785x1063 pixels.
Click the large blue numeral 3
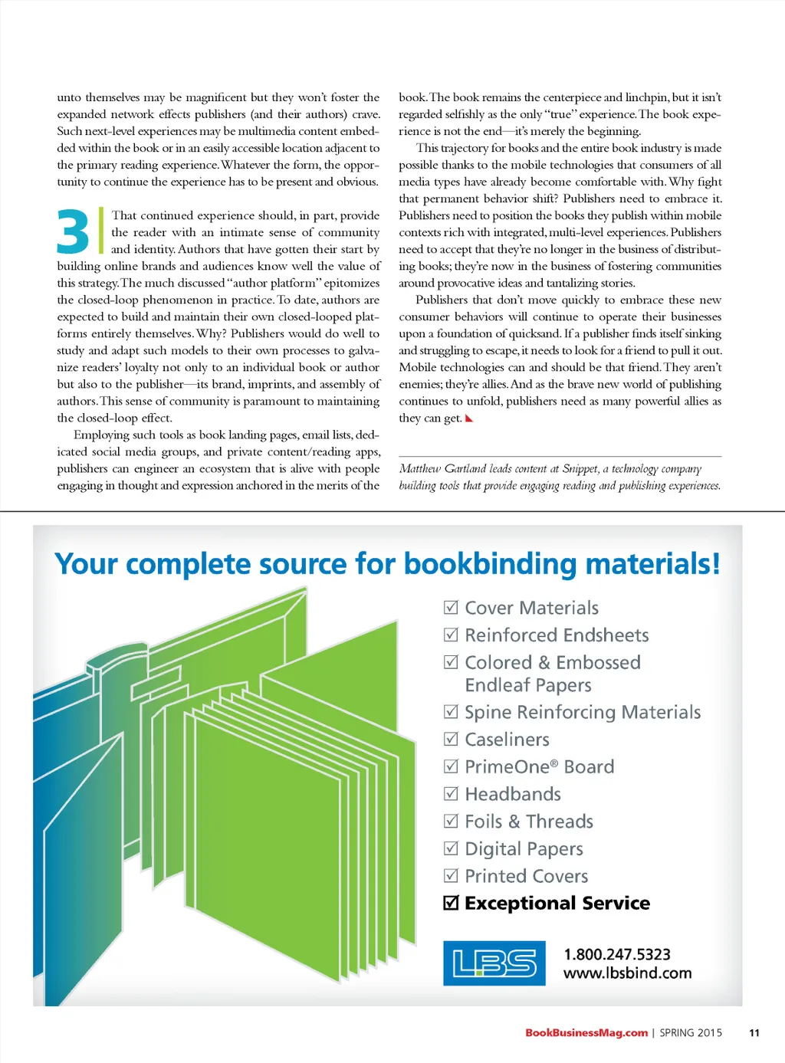point(73,231)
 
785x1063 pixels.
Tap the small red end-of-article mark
point(469,418)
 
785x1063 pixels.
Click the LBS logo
point(494,963)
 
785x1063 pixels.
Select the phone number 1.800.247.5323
point(616,954)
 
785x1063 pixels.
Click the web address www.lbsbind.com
point(627,973)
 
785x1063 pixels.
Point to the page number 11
point(754,1032)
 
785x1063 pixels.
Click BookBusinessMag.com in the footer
point(586,1032)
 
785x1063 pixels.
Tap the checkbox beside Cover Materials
point(451,608)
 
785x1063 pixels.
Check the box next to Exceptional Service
point(451,903)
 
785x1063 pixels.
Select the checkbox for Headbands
point(451,794)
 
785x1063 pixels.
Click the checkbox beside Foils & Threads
point(451,821)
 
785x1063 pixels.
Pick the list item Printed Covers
point(526,876)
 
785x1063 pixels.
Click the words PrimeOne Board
point(539,766)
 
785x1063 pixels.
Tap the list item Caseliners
point(507,740)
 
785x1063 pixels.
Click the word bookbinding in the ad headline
point(490,564)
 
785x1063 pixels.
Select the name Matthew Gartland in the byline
point(442,468)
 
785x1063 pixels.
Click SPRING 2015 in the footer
point(691,1032)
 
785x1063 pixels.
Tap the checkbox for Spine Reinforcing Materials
point(451,712)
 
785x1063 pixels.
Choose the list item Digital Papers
point(524,848)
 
